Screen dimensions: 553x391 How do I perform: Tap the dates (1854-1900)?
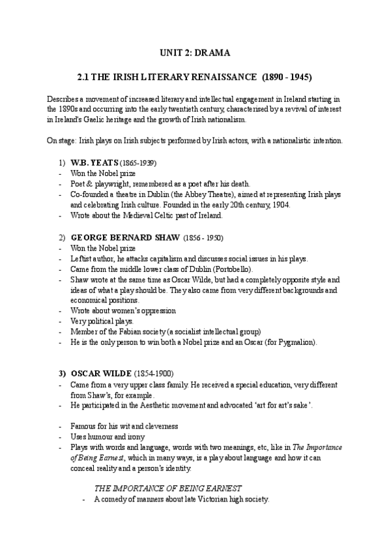(154, 374)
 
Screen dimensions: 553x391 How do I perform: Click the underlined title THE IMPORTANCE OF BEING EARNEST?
(168, 488)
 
